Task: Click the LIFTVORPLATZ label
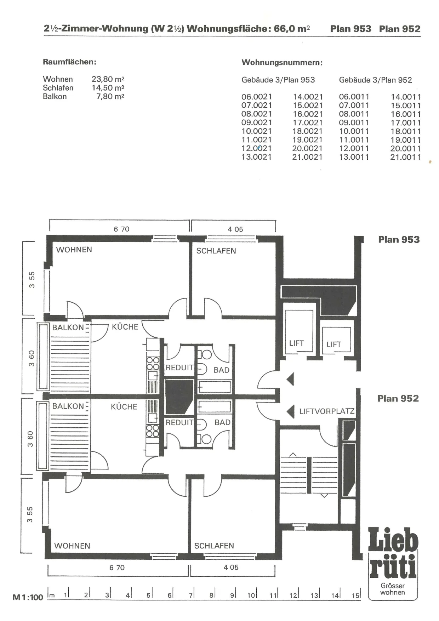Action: [327, 411]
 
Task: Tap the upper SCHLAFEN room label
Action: [216, 251]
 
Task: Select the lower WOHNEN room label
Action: [72, 546]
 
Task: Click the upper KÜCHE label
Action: [125, 327]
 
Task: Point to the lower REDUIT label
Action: [179, 422]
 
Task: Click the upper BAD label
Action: [222, 370]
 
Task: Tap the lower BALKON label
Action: [68, 406]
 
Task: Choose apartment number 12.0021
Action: [257, 148]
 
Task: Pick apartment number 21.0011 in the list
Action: [406, 157]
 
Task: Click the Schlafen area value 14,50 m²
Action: [108, 88]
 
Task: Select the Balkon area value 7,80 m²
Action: [110, 96]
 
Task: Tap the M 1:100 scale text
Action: [28, 597]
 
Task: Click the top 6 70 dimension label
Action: [121, 229]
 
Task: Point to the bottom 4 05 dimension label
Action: [231, 567]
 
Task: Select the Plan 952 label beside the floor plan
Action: [398, 399]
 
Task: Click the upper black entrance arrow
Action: [290, 379]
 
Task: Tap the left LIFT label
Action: [296, 343]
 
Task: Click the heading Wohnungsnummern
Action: [282, 63]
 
